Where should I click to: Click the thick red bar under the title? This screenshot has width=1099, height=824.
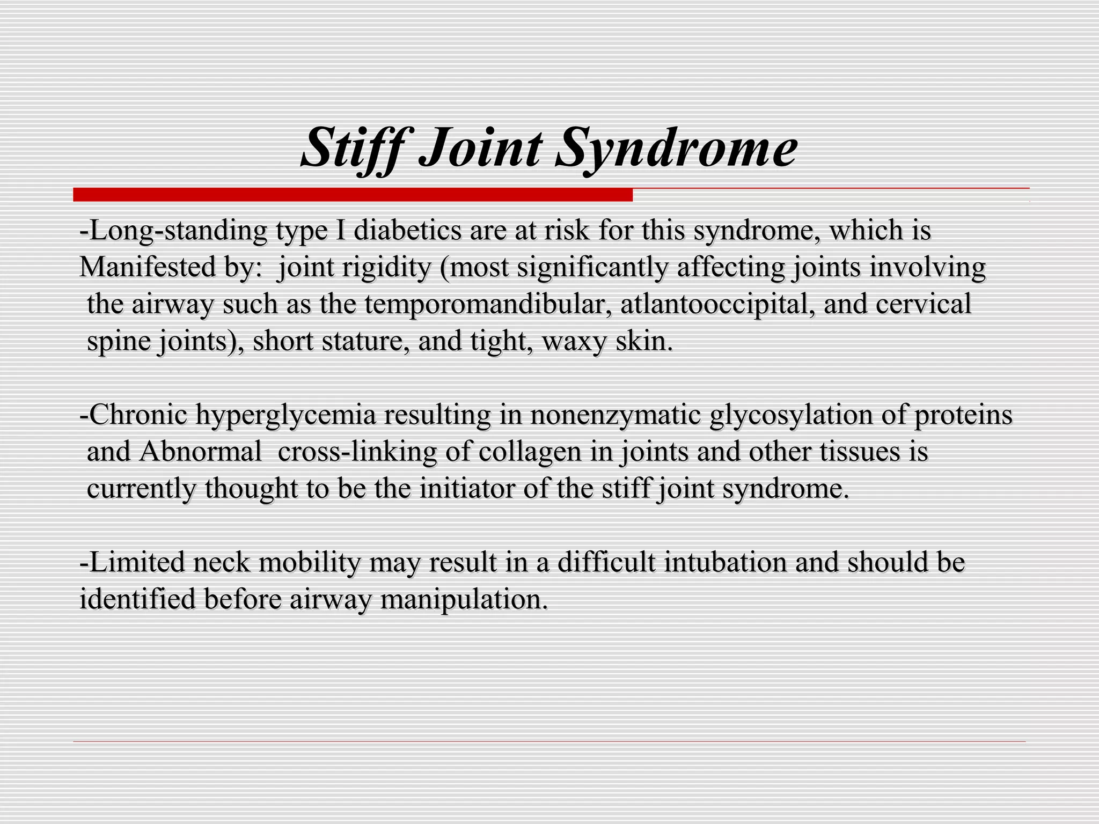coord(353,195)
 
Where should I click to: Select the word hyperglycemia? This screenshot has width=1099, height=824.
coord(285,415)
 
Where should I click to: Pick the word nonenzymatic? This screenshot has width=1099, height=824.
coord(616,415)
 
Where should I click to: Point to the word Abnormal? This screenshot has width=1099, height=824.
coord(200,452)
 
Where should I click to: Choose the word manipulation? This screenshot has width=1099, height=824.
coord(464,599)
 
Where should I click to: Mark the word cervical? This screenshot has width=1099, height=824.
coord(923,304)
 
